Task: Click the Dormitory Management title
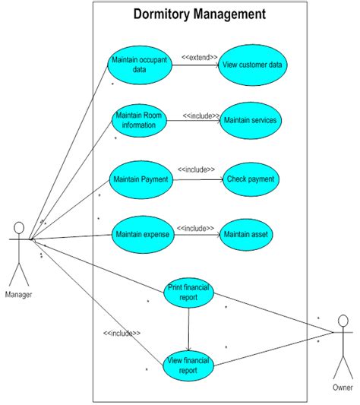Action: point(200,14)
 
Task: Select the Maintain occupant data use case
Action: point(139,65)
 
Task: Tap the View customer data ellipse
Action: point(253,65)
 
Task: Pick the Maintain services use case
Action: point(250,120)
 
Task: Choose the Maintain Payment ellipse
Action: point(141,180)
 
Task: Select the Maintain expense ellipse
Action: point(142,236)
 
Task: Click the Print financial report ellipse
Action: point(188,293)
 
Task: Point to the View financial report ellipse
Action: point(188,365)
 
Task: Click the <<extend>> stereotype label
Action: point(200,56)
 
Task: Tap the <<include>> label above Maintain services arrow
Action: point(201,116)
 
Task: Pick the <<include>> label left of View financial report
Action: point(122,333)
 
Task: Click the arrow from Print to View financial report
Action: point(188,329)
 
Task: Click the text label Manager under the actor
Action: point(18,294)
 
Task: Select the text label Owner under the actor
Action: point(343,388)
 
